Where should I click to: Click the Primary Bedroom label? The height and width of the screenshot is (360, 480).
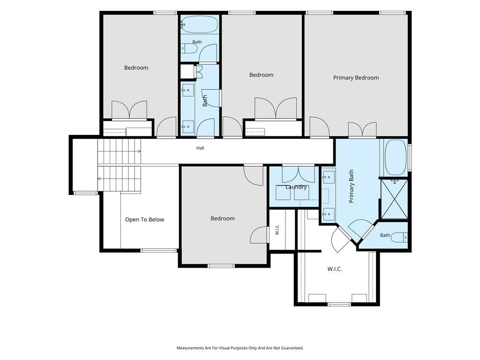point(356,78)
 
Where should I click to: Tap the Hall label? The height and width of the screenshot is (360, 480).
point(200,148)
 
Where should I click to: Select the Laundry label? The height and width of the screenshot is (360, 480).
point(296,187)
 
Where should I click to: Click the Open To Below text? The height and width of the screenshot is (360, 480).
point(144,219)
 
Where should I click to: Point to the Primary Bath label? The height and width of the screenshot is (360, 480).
point(352,186)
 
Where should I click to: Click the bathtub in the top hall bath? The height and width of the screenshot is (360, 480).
point(199,24)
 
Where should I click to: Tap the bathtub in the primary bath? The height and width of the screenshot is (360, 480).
point(396,157)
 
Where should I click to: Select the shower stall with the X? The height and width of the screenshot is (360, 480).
point(394,199)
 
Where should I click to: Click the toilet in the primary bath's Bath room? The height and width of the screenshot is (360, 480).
point(399,237)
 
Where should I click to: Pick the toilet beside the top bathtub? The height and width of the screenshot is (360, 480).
point(189,48)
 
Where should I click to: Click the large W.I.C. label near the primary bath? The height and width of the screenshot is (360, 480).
point(335,269)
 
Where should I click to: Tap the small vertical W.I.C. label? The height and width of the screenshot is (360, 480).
point(277,229)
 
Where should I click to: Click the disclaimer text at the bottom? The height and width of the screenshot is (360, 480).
point(240,348)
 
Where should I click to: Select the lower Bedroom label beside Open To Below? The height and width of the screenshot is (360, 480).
point(223,218)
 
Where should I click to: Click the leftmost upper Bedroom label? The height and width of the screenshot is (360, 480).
point(136,67)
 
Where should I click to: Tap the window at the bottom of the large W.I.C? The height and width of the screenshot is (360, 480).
point(339,304)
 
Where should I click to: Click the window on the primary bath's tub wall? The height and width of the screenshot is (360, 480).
point(410,157)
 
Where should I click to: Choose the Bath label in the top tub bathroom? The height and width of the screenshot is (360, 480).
point(197,42)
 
